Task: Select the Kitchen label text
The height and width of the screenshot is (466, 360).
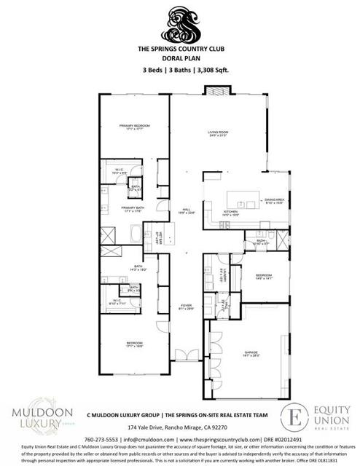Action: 231,214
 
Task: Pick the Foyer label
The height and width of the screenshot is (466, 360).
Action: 186,307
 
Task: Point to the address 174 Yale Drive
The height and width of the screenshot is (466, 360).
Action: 179,427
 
